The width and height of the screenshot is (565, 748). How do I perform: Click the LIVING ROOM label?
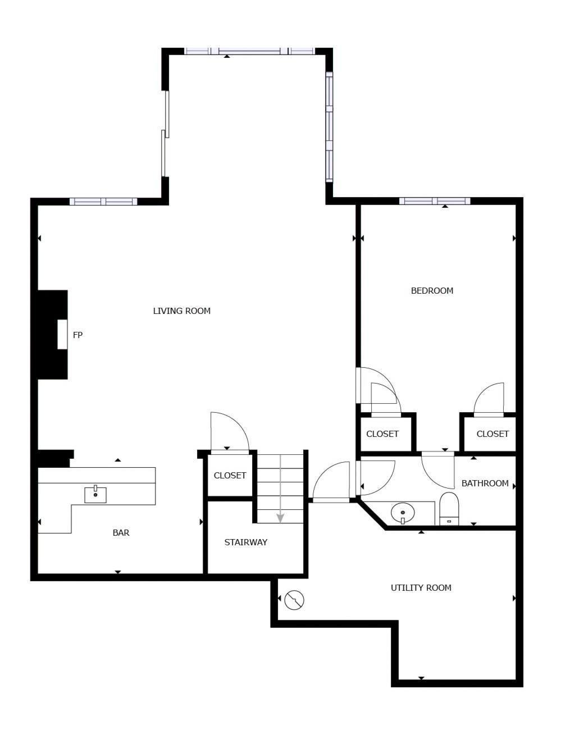181,311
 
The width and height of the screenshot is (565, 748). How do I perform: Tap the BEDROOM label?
432,290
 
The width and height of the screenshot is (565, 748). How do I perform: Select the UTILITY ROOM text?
421,587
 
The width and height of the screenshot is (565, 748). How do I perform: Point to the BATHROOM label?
485,483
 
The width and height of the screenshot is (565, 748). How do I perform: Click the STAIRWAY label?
245,542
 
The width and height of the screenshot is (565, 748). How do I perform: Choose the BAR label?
121,532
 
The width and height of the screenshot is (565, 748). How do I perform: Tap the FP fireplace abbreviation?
78,335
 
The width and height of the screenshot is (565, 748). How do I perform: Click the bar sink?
95,494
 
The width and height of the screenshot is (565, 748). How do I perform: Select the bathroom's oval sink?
403,513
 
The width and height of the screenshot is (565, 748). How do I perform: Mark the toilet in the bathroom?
449,508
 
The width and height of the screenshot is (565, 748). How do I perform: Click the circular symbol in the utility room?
294,600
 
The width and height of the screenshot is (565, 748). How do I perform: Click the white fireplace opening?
62,334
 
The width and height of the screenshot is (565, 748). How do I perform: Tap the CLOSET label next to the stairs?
230,475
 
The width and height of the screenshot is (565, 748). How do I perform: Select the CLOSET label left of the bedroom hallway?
382,434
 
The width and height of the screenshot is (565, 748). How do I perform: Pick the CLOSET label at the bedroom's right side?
492,434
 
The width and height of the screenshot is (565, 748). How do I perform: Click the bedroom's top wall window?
434,201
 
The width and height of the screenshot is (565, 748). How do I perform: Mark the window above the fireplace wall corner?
103,202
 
